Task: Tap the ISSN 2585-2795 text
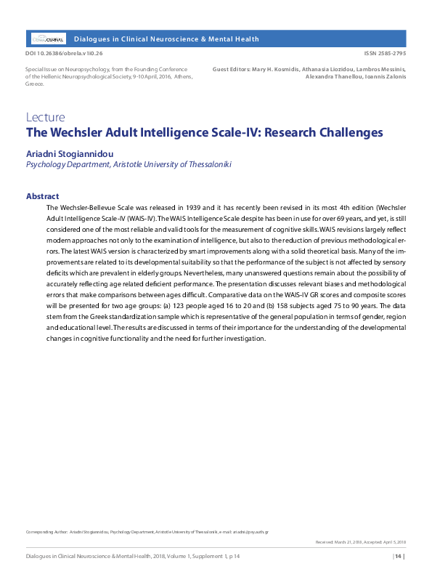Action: click(x=385, y=54)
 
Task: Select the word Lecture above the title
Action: click(x=45, y=117)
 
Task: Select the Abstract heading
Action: click(x=42, y=196)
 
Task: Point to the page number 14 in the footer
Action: click(x=398, y=557)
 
